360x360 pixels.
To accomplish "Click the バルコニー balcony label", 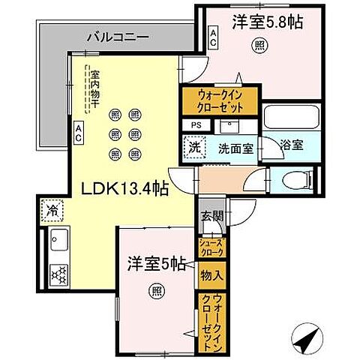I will coord(117,35).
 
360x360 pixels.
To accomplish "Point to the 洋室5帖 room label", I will coord(156,263).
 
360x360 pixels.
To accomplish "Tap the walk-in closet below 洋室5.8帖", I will coord(219,100).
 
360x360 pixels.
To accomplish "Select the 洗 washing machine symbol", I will coord(194,147).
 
